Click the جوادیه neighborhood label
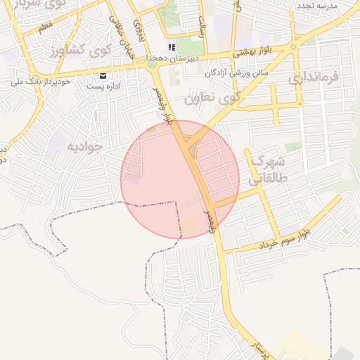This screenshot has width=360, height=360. coord(84,146)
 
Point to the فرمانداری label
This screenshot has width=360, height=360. coord(314,77)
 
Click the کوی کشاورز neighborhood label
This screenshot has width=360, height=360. coord(80,51)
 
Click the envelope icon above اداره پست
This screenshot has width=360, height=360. coord(104,75)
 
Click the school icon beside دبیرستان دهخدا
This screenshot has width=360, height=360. coord(171,48)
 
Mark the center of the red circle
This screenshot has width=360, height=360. coord(180,179)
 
